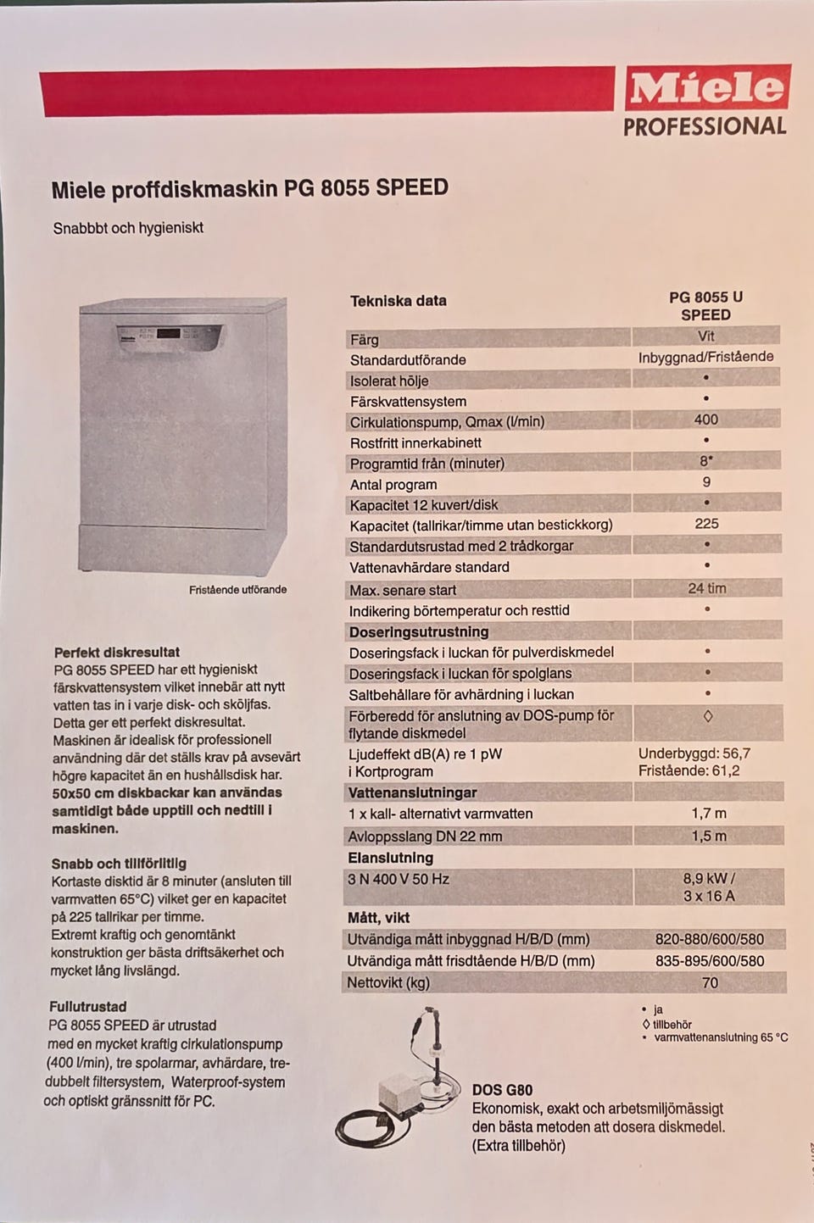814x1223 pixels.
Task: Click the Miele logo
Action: [x=706, y=88]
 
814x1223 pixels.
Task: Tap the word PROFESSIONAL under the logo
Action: [x=705, y=127]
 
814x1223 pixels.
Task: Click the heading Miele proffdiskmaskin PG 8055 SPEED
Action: [x=249, y=188]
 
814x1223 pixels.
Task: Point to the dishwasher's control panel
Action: [x=170, y=335]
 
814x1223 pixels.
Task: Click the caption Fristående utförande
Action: [x=237, y=589]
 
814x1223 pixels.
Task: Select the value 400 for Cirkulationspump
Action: [x=705, y=420]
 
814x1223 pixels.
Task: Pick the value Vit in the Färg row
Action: [x=705, y=336]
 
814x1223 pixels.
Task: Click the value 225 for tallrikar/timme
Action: [x=706, y=524]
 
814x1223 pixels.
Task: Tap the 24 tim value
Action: [x=706, y=588]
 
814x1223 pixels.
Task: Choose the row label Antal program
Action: [x=393, y=485]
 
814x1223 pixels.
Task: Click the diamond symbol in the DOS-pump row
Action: [x=708, y=716]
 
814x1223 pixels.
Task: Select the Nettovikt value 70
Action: [x=710, y=982]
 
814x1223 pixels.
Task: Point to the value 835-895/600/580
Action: [x=710, y=961]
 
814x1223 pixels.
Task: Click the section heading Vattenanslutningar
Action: [x=412, y=792]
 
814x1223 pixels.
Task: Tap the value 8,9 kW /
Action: [x=709, y=879]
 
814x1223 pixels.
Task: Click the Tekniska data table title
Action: [x=398, y=301]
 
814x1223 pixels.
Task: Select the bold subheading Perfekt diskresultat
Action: [x=116, y=652]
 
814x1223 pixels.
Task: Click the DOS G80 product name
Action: [x=502, y=1090]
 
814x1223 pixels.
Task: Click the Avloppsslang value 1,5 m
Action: [x=709, y=836]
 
